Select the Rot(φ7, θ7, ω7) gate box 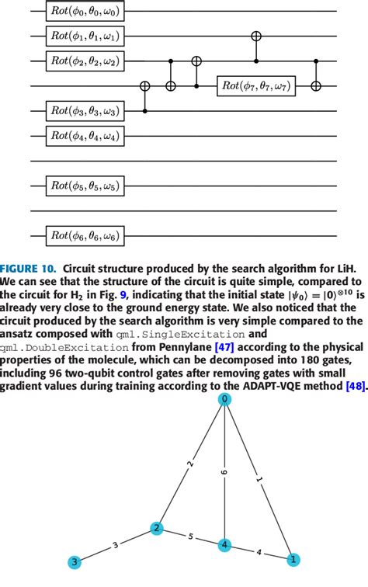256,85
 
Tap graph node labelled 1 293,559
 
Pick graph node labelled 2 157,529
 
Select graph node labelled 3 75,561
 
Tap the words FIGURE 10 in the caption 28,266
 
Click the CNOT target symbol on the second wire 256,36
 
